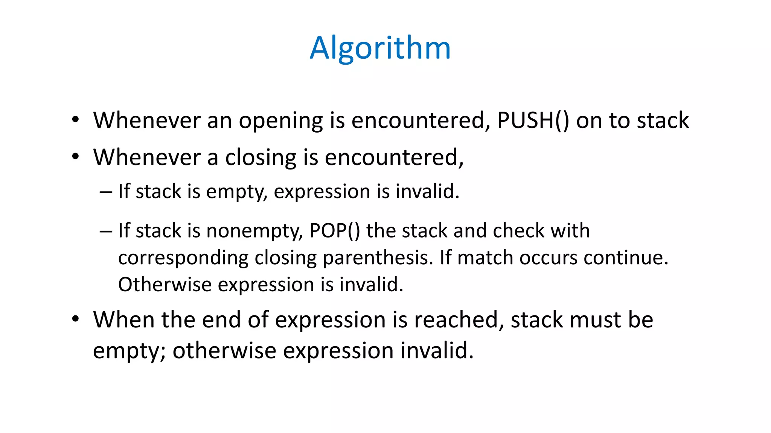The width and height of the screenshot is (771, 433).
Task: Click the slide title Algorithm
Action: coord(380,48)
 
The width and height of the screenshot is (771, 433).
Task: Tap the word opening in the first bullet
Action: coord(281,121)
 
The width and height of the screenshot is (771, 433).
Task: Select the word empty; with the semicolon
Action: coord(129,351)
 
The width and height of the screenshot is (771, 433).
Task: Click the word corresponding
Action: coord(183,258)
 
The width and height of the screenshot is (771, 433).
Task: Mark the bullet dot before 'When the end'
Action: coord(76,319)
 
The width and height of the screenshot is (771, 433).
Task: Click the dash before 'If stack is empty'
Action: coord(106,192)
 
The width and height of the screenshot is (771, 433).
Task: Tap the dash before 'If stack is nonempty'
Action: coord(106,231)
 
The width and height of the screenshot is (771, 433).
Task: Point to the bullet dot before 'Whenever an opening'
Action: coord(76,120)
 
